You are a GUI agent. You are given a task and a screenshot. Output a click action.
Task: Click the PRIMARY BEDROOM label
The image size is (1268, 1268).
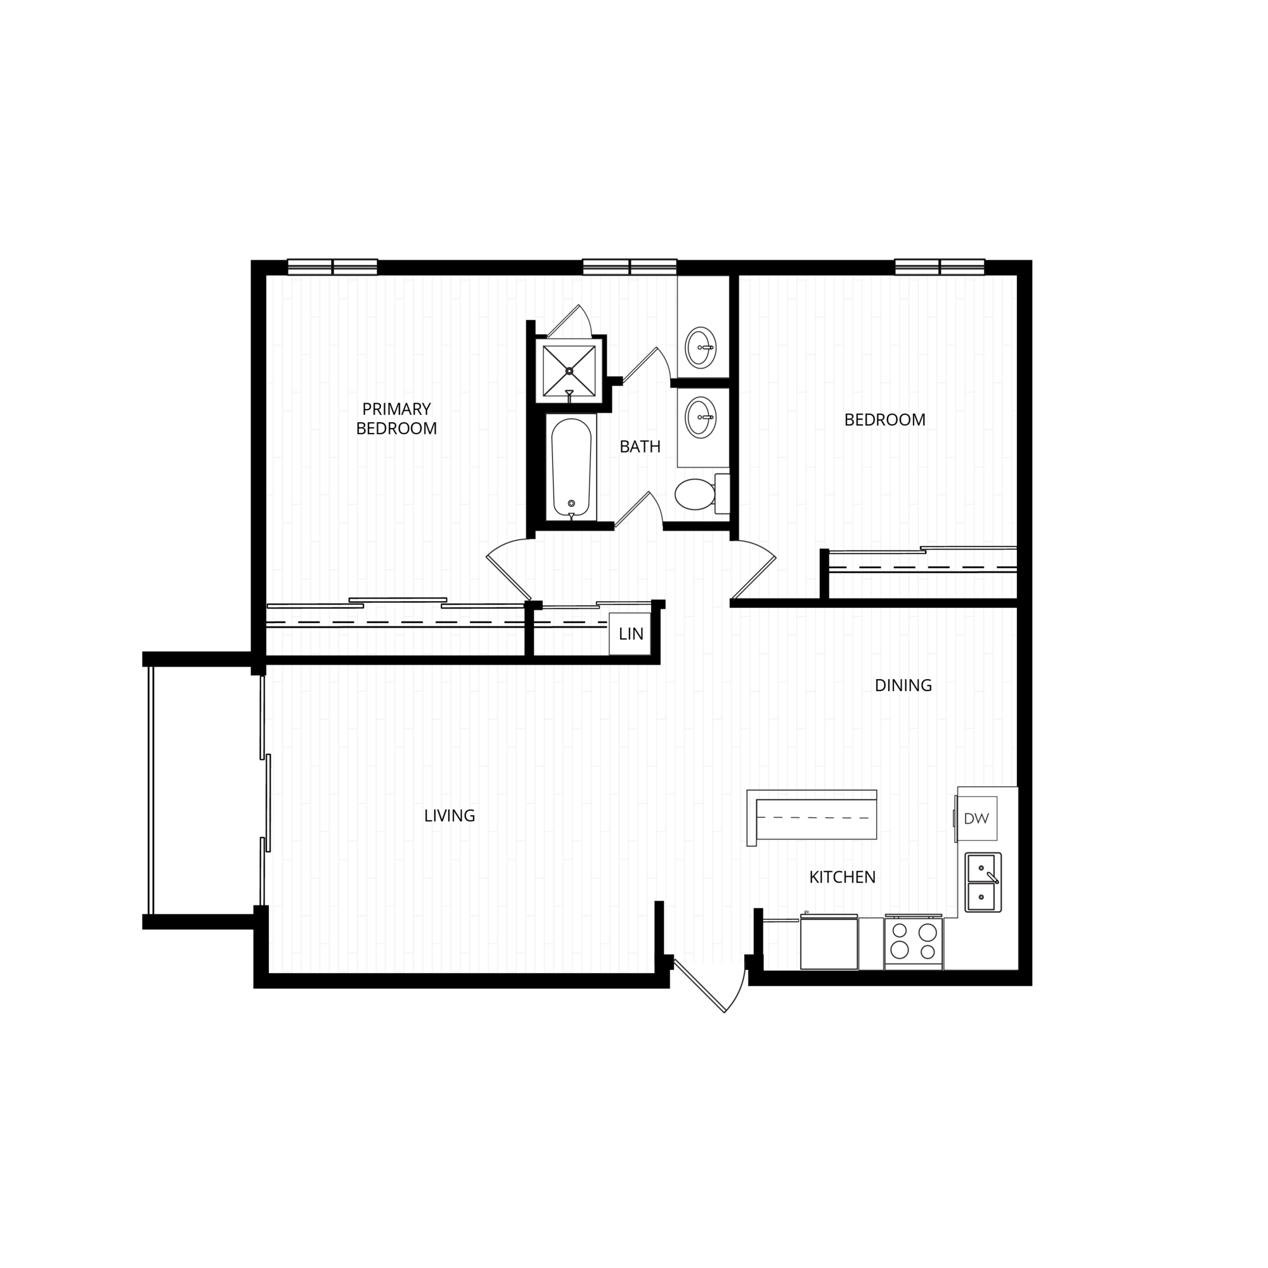[x=396, y=418]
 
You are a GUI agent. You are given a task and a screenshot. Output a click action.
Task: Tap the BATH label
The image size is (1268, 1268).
[x=640, y=447]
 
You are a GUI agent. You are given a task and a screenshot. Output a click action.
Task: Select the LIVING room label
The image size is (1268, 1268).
[x=450, y=816]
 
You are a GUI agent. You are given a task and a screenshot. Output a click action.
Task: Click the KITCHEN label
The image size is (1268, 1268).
[x=842, y=877]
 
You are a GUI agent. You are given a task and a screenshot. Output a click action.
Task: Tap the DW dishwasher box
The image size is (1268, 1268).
[x=976, y=819]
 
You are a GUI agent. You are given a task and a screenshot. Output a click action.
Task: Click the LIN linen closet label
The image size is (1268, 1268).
[x=631, y=634]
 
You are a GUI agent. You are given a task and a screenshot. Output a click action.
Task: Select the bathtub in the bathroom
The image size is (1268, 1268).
[x=572, y=467]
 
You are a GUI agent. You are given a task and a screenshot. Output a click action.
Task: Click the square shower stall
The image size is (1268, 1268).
[x=569, y=370]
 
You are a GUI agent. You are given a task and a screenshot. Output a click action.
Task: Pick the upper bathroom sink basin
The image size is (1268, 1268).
[x=701, y=347]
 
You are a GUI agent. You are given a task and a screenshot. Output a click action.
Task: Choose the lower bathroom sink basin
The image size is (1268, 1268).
[x=701, y=417]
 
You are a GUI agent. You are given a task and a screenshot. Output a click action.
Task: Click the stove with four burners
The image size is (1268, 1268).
[x=913, y=942]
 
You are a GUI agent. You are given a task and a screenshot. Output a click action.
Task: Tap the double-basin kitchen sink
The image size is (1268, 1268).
[x=983, y=882]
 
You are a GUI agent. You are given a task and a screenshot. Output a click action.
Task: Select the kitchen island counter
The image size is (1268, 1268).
[x=813, y=818]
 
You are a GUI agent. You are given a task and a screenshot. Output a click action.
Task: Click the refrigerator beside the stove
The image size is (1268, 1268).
[x=829, y=943]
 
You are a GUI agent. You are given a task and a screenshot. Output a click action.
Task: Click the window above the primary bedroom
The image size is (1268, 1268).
[x=333, y=267]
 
